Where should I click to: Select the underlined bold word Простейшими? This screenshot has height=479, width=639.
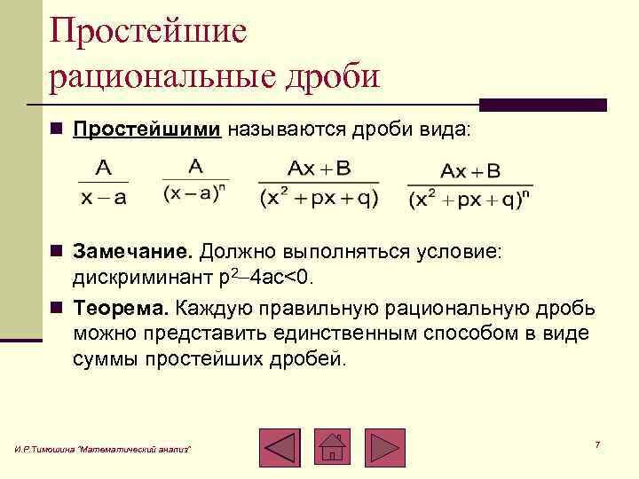pos(146,130)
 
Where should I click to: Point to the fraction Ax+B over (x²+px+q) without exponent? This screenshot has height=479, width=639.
pos(319,184)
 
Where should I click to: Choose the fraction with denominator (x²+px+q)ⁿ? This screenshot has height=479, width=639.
pos(470,185)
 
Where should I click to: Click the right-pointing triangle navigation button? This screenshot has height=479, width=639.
pos(385,448)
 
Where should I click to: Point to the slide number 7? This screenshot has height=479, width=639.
pos(597,444)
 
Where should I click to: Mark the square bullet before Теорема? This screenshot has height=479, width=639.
pos(57,308)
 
